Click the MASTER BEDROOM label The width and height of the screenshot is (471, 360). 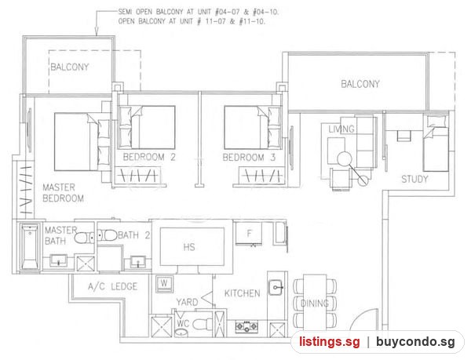pos(63,193)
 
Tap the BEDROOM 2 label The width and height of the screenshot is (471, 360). pos(149,157)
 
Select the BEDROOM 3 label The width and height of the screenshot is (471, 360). pos(249,157)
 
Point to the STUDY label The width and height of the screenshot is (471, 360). pos(414,179)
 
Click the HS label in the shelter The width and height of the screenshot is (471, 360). pos(189,247)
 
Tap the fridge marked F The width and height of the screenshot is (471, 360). pos(249,234)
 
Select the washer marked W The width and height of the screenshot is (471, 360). pos(164,283)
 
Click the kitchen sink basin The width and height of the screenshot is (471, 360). pos(276,287)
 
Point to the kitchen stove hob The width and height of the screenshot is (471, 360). pos(246,325)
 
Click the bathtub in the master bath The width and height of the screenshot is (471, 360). pos(30,247)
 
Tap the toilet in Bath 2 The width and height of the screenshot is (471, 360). pos(108,235)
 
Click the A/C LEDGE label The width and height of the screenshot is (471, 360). pos(112,286)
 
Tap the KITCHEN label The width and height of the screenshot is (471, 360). pos(242,293)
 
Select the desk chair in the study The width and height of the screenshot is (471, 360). pos(403,136)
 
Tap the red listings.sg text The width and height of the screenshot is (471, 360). pos(329,342)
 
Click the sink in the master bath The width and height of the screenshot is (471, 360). pos(58,260)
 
